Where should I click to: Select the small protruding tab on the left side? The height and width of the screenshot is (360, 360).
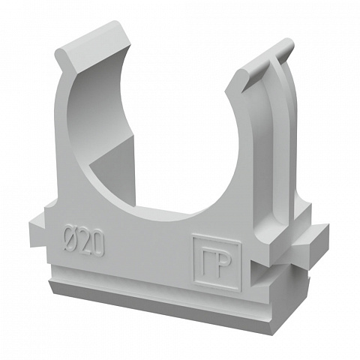click(x=37, y=232)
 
